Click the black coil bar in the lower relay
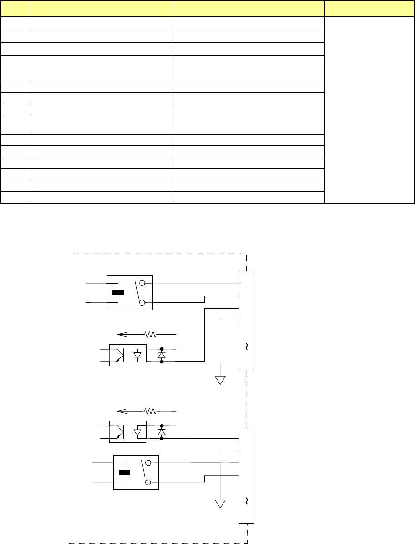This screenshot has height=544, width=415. click(124, 472)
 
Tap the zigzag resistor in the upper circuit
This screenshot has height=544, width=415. click(150, 334)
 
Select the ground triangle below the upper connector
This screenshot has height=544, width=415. click(221, 380)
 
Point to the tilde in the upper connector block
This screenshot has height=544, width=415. click(246, 347)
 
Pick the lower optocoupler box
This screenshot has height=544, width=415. click(128, 432)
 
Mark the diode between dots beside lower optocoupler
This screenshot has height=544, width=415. click(161, 432)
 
